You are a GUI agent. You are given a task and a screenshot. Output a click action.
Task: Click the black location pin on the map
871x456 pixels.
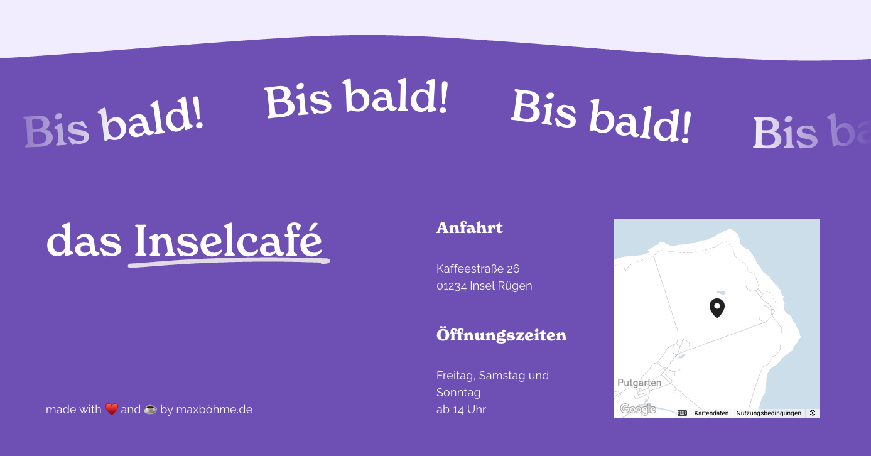[717, 307]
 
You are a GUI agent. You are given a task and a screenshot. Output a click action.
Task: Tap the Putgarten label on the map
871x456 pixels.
[639, 383]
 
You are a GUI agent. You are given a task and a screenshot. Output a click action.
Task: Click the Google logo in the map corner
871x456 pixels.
[637, 410]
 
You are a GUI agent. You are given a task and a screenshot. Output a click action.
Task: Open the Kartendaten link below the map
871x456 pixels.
[711, 413]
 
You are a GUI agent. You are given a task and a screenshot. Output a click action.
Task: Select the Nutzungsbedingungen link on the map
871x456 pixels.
[768, 413]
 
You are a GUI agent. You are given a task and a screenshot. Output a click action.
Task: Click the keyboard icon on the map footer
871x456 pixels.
[682, 413]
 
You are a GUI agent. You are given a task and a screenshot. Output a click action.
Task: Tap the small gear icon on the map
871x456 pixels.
[812, 413]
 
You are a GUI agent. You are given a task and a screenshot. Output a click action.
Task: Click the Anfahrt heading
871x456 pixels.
[469, 227]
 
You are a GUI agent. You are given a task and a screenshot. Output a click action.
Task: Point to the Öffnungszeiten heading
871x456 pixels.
[501, 335]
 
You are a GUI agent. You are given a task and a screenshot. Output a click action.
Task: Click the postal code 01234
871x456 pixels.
[452, 286]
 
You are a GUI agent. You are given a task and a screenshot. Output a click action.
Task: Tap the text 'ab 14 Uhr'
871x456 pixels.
[461, 410]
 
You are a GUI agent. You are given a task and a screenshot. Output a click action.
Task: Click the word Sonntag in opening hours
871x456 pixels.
[458, 393]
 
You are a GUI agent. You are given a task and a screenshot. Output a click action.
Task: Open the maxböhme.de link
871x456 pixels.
[214, 410]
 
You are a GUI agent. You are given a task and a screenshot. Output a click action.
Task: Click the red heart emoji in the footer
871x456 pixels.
[111, 410]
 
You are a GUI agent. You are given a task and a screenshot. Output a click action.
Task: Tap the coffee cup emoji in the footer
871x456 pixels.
[150, 410]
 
